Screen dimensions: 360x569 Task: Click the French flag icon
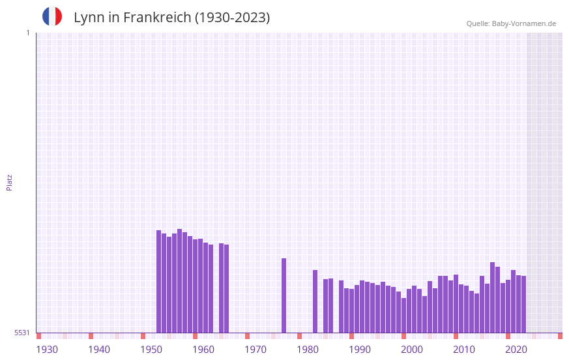(52, 16)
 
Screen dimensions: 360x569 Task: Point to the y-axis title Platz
(9, 182)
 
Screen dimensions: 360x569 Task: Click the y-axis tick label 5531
(22, 333)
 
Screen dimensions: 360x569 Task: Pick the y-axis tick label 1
(27, 33)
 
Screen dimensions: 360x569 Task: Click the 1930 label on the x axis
(47, 350)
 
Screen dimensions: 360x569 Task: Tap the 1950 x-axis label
(151, 350)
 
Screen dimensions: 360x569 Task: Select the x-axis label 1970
(255, 350)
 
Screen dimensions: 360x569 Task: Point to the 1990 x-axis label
(360, 350)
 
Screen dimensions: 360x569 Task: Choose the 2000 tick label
(412, 350)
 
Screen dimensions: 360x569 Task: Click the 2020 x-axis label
(516, 350)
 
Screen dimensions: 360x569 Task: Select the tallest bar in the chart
(179, 280)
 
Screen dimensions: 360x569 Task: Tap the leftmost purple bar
(158, 281)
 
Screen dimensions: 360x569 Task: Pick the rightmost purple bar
(523, 304)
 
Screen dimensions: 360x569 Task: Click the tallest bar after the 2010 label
(492, 297)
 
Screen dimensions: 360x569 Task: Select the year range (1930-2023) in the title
(232, 18)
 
